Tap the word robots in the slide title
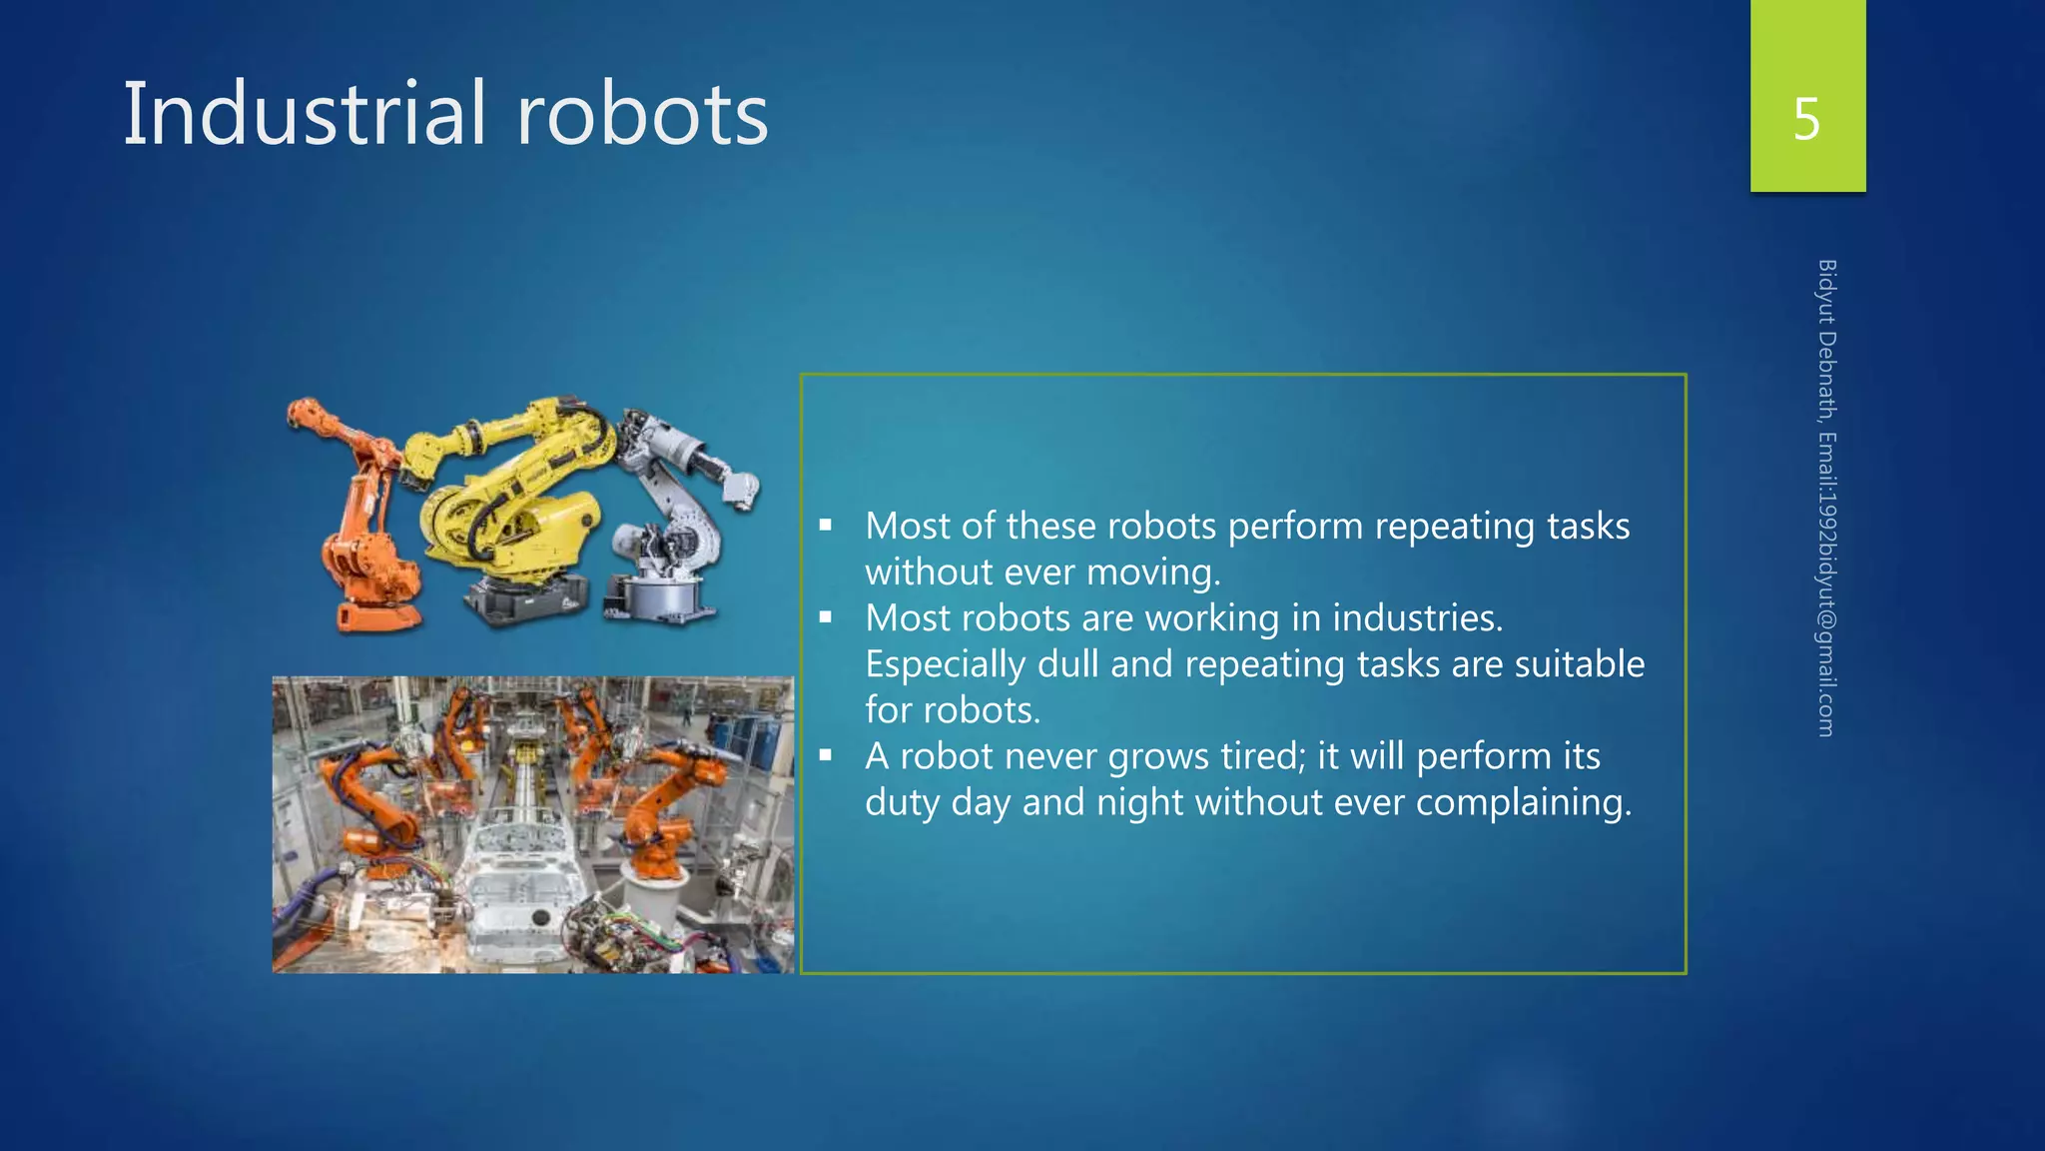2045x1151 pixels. [x=642, y=114]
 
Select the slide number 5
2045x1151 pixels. [x=1806, y=119]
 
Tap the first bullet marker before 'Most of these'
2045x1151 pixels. [x=825, y=525]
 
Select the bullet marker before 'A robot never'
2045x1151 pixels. [x=825, y=755]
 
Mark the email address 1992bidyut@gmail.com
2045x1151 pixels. [x=1826, y=610]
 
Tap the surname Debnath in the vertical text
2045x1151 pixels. [x=1826, y=375]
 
